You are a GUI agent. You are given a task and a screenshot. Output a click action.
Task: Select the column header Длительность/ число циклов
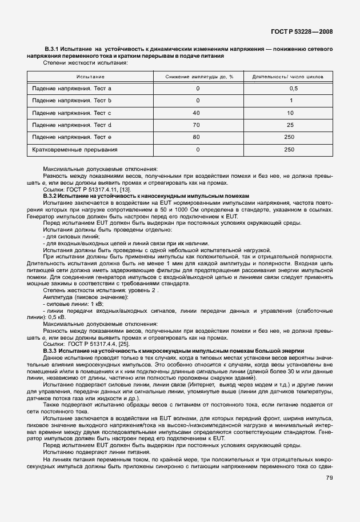click(292, 76)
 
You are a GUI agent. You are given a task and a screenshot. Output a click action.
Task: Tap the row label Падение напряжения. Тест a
click(72, 89)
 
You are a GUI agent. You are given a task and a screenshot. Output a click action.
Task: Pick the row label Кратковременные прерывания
click(75, 149)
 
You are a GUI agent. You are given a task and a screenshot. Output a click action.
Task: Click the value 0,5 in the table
click(294, 89)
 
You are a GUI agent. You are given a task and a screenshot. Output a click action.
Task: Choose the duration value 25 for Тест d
click(290, 125)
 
